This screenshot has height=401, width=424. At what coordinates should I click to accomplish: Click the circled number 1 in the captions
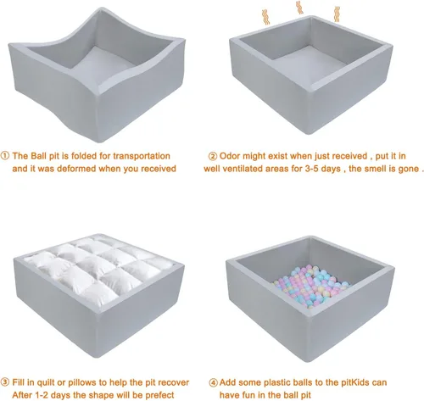[x=6, y=157]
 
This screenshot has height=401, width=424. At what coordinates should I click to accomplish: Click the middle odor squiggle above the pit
[x=299, y=8]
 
